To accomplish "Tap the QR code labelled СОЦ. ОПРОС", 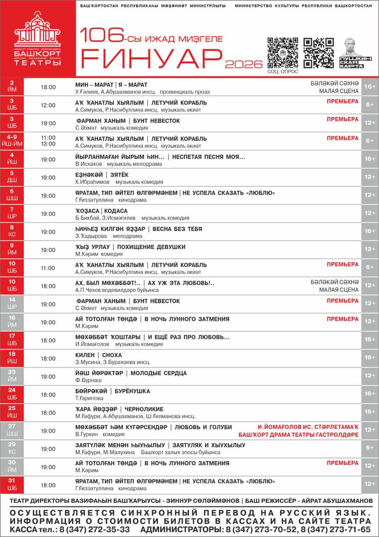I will [x=283, y=52].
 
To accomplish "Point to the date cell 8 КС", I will [x=12, y=232].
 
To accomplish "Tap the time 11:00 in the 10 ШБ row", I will [x=48, y=268].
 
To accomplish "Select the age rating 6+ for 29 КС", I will [x=370, y=448].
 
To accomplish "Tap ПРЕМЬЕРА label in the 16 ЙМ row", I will [x=343, y=319].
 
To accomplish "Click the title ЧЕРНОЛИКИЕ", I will [x=144, y=409].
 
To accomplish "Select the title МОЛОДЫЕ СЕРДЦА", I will [x=158, y=373].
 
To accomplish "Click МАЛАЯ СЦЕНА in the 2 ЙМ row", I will [x=339, y=91].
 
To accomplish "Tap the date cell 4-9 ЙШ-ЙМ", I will [x=12, y=141].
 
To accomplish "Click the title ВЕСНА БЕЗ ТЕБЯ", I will [x=177, y=229].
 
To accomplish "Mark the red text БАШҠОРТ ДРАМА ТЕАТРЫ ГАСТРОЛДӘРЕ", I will [x=299, y=435].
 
